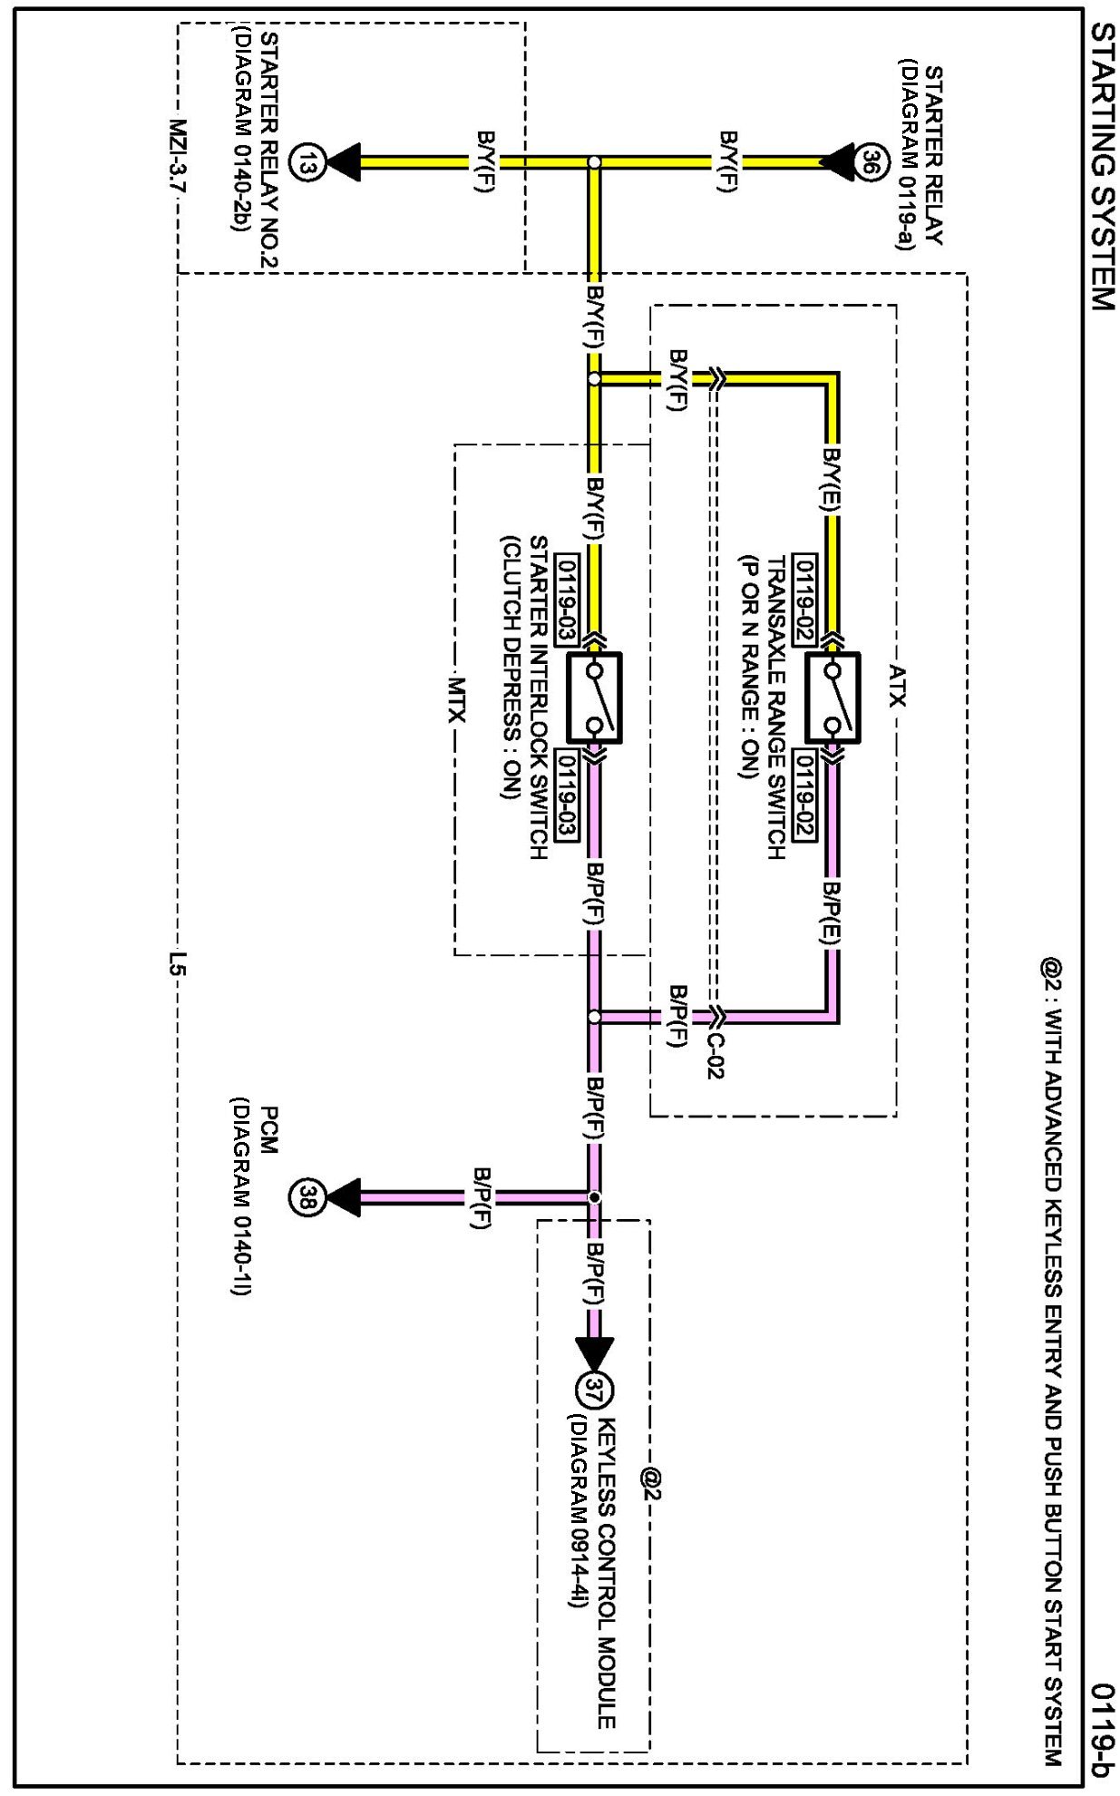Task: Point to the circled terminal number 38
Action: [x=306, y=1197]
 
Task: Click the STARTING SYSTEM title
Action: [x=1100, y=167]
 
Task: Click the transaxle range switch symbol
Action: [x=833, y=698]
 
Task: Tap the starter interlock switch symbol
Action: [x=594, y=698]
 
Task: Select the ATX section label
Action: [x=897, y=686]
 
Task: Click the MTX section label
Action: [x=455, y=699]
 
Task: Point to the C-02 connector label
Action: [x=714, y=1054]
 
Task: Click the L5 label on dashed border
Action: [x=178, y=961]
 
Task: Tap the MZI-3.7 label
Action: [x=178, y=155]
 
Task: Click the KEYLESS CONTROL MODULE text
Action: [x=607, y=1574]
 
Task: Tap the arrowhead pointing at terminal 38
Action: [x=343, y=1197]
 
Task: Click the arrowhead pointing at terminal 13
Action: [x=343, y=163]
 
